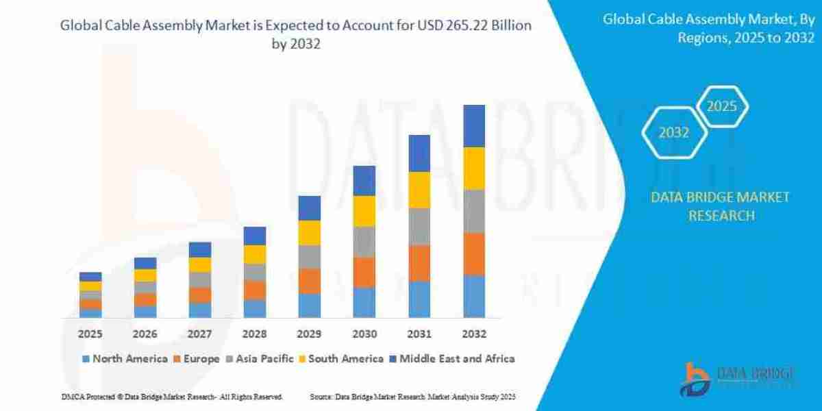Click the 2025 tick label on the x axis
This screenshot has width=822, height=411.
coord(90,334)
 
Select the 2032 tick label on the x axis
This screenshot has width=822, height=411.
coord(474,334)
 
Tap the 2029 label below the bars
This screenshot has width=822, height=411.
coord(310,334)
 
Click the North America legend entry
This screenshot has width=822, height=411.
coord(125,358)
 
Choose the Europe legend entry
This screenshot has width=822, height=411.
coord(201,358)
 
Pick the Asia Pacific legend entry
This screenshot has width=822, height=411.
coord(262,358)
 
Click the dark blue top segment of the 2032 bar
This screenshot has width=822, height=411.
coord(474,126)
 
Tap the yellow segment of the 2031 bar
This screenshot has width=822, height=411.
coord(419,190)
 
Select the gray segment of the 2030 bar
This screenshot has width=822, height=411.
coord(364,242)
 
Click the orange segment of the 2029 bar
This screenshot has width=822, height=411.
coord(310,281)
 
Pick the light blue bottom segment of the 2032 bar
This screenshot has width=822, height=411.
coord(474,297)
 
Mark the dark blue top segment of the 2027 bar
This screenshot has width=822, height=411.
coord(200,249)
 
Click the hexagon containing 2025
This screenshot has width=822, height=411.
coord(721,107)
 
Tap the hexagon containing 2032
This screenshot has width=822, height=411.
coord(674,133)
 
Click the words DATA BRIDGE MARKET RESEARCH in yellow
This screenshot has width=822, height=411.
coord(720,206)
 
